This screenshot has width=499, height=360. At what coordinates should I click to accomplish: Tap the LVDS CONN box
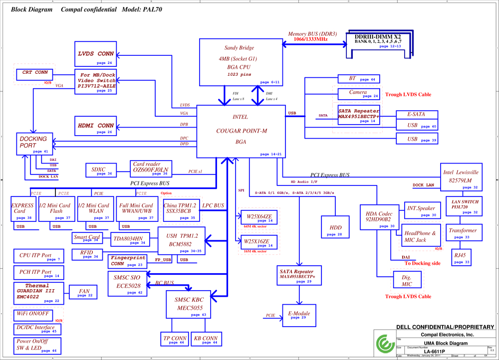[x=96, y=54]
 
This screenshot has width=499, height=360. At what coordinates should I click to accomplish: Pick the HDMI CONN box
[x=96, y=126]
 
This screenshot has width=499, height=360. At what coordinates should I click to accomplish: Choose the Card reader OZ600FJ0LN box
[x=151, y=168]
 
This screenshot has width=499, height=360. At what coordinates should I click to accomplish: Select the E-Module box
[x=299, y=315]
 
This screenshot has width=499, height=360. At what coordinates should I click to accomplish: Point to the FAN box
[x=84, y=292]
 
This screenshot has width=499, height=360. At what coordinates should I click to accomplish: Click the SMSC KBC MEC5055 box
[x=189, y=304]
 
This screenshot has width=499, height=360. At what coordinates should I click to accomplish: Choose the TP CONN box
[x=175, y=339]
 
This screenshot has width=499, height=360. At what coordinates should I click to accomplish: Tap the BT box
[x=358, y=79]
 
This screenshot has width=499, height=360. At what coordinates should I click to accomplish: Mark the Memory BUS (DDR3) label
[x=312, y=34]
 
